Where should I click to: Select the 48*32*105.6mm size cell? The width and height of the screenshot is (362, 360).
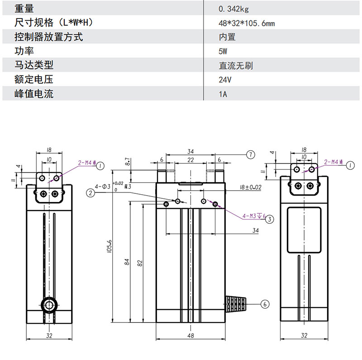(246, 23)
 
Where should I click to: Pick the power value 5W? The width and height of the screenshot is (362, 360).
(223, 52)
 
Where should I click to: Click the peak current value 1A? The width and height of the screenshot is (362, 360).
(222, 95)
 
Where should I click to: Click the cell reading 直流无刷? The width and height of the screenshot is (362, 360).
(236, 66)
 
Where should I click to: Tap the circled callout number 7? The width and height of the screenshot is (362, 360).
(252, 154)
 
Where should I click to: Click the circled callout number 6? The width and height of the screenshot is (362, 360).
(265, 304)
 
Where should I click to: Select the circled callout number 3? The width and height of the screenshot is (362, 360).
(270, 219)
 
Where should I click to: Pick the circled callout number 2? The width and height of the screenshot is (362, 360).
(91, 193)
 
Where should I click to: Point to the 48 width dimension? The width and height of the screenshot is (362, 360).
(191, 336)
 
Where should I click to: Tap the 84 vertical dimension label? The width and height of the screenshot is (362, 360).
(128, 262)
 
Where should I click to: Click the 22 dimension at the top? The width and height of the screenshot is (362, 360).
(191, 160)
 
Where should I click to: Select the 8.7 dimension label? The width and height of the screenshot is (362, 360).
(128, 162)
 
